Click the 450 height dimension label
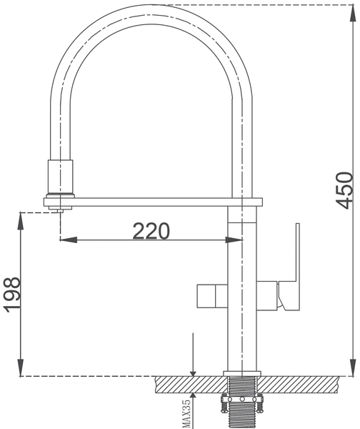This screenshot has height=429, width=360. tap(344, 190)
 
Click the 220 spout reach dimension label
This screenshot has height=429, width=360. tap(151, 231)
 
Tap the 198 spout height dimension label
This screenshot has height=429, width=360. tap(12, 295)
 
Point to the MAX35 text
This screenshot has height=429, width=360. tap(186, 414)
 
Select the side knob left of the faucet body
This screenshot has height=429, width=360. tap(212, 296)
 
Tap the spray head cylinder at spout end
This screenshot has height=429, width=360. tap(61, 177)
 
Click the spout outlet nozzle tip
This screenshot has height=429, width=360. tap(60, 211)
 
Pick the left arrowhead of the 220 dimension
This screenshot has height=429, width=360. tap(69, 240)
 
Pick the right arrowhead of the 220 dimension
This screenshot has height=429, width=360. tap(234, 240)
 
